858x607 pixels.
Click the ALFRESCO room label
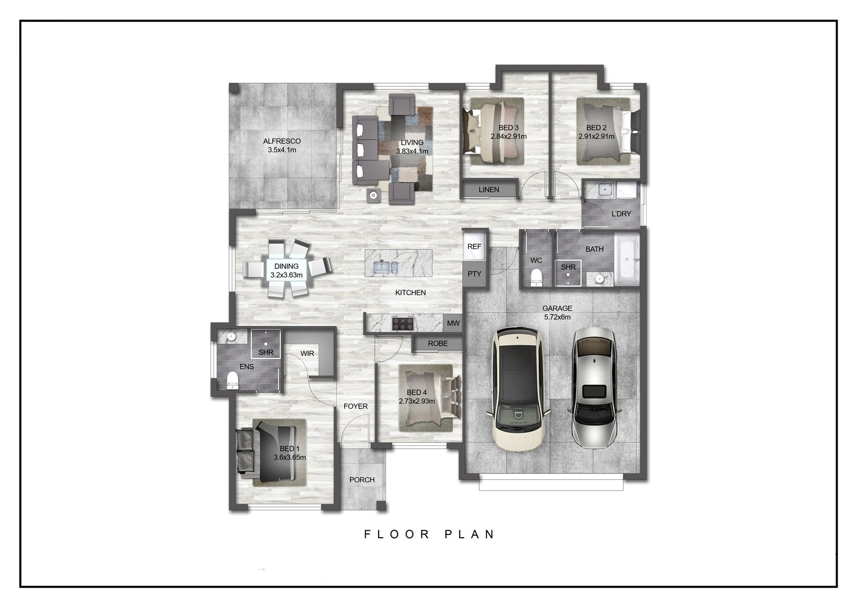282,141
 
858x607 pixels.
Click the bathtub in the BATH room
627,260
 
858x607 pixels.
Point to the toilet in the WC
536,277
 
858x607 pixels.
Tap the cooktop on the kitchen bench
403,323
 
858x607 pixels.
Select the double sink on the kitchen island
384,267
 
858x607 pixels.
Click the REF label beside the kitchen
474,246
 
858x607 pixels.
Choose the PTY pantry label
474,274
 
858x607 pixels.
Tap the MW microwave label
453,323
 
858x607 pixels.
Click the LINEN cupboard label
489,190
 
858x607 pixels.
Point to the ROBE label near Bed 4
438,343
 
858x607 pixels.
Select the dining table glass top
286,270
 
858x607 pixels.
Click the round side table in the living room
373,195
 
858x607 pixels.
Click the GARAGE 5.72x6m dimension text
557,317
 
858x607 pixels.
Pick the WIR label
307,354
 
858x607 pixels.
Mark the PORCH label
362,480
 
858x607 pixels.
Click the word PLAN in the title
470,534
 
